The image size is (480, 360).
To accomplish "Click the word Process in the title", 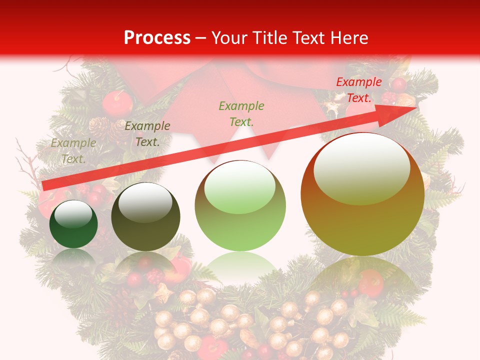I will pyautogui.click(x=157, y=38).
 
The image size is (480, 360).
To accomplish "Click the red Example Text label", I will pyautogui.click(x=358, y=90).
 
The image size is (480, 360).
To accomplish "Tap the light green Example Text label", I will pyautogui.click(x=241, y=113).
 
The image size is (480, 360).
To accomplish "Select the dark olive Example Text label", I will pyautogui.click(x=147, y=134).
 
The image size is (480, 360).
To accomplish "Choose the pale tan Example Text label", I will pyautogui.click(x=73, y=151).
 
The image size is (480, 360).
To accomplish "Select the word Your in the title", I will pyautogui.click(x=227, y=38).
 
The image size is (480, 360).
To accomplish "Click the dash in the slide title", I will pyautogui.click(x=200, y=38).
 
